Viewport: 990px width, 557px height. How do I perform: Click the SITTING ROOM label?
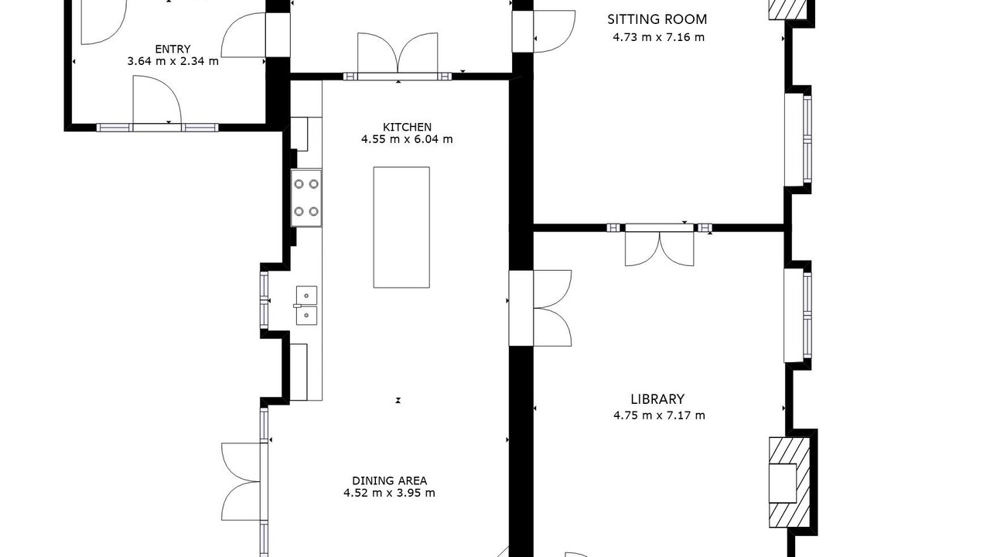tap(657, 19)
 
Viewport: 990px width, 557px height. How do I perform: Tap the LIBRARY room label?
tap(657, 399)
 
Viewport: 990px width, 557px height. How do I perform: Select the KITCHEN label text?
tap(407, 128)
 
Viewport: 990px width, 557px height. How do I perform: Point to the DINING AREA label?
tap(389, 480)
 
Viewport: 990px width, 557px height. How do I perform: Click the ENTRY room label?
tap(172, 49)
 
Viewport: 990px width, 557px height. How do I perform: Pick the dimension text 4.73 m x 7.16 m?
tap(658, 37)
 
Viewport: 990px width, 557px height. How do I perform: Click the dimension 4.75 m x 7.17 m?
tap(659, 415)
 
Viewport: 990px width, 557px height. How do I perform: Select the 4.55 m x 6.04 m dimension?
tap(407, 139)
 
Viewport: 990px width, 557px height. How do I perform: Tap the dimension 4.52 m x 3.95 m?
tap(389, 493)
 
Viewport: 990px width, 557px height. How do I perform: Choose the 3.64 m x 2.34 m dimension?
tap(172, 61)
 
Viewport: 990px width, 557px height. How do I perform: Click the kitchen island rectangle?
tap(401, 227)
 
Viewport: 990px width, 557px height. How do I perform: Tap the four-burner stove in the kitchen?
tap(306, 198)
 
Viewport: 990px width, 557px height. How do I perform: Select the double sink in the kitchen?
tap(306, 306)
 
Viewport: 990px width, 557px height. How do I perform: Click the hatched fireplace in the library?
tap(790, 482)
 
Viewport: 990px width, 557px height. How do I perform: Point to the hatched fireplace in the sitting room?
tap(787, 10)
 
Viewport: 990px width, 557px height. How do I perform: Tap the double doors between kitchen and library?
tap(540, 308)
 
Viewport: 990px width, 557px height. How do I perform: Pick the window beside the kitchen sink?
tap(264, 300)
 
